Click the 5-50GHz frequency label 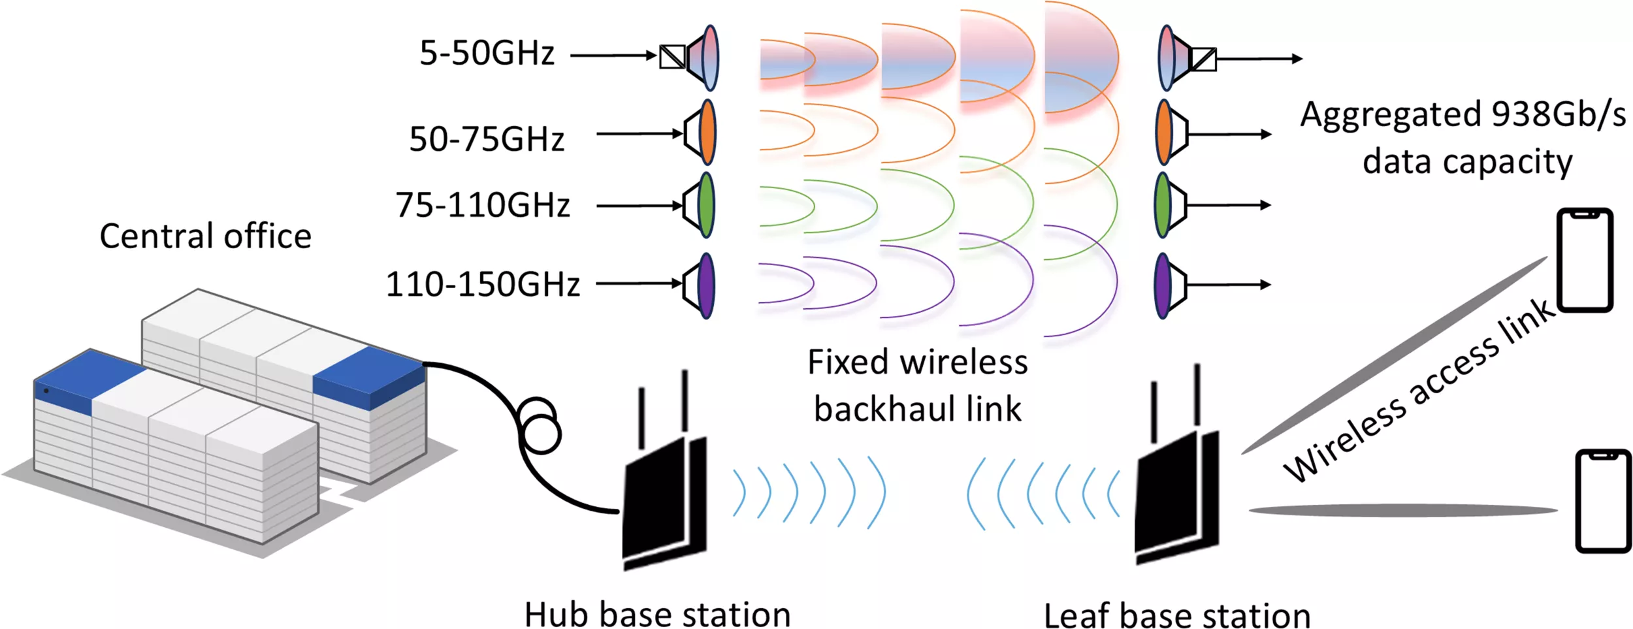(x=487, y=53)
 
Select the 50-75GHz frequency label (x=487, y=139)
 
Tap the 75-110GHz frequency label (x=482, y=205)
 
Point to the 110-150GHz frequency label (x=483, y=285)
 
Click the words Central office (x=205, y=236)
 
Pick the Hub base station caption (x=657, y=614)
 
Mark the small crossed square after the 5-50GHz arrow (x=671, y=57)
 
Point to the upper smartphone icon (x=1585, y=259)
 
